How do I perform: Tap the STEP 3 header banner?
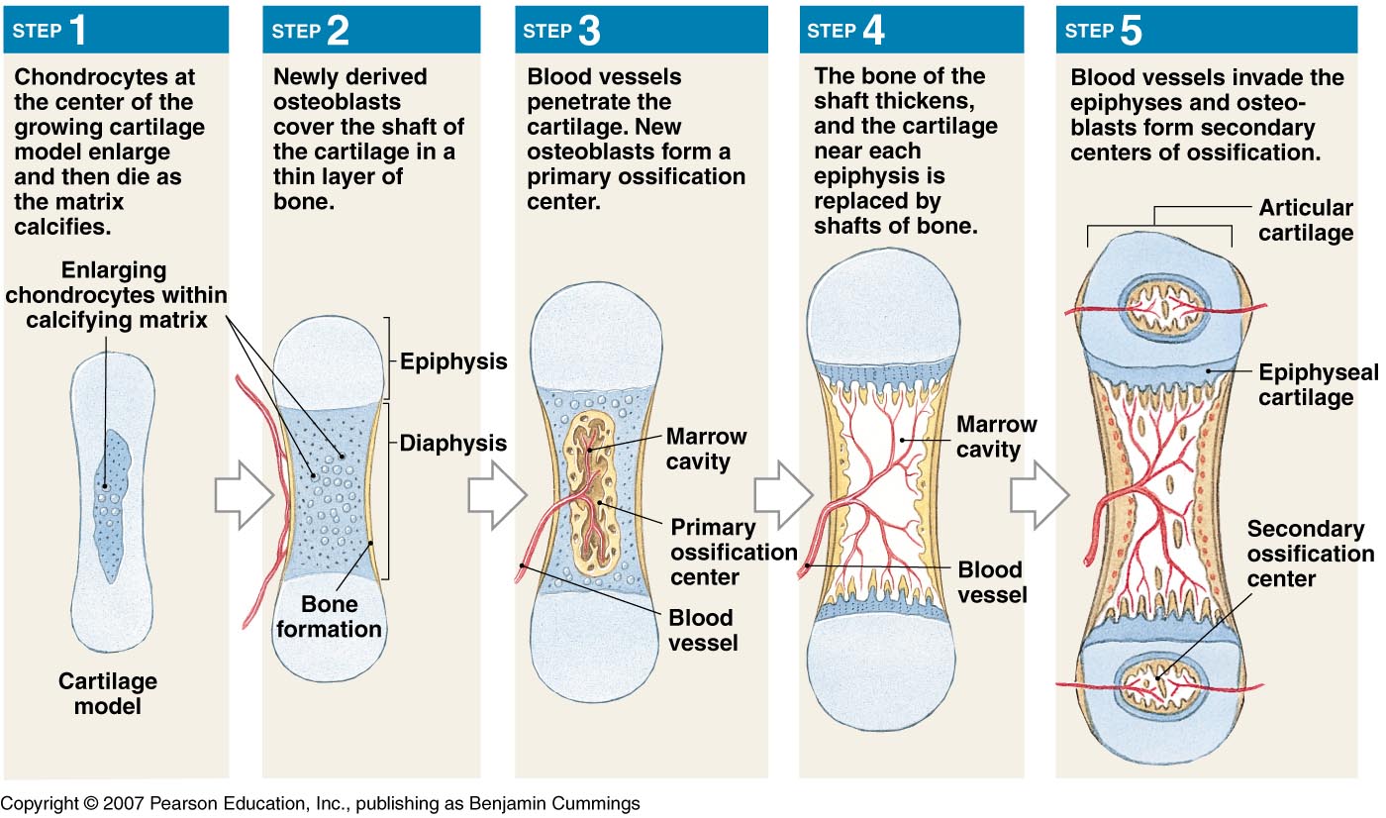coord(641,31)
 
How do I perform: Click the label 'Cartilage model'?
coord(107,693)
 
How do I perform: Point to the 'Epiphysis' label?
coord(453,361)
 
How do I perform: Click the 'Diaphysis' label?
coord(453,443)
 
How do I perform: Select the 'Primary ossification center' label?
coord(733,551)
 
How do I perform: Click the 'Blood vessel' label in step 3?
coord(701,630)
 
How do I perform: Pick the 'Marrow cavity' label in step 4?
coord(996,437)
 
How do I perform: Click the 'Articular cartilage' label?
coord(1305,221)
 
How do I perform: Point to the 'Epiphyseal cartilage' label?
coord(1317,384)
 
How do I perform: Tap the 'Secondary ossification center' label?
coord(1309,554)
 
